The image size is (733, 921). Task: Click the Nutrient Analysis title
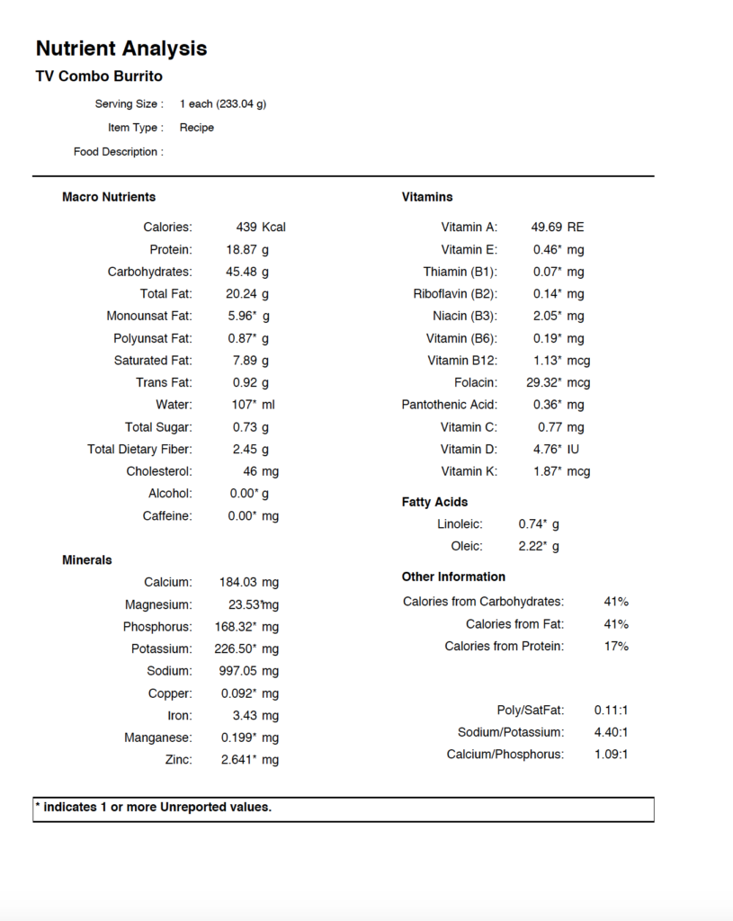point(121,49)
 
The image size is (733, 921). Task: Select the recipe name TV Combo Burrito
point(99,76)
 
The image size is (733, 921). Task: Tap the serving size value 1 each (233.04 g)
point(223,103)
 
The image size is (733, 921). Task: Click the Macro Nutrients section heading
point(109,197)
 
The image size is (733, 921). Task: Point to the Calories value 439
point(247,228)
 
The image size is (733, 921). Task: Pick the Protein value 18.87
point(242,249)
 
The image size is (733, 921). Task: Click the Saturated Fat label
point(153,361)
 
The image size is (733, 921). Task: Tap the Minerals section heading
point(87,560)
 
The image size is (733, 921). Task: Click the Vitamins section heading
point(427,197)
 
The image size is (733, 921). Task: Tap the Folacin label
point(476,383)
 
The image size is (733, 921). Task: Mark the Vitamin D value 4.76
point(547,449)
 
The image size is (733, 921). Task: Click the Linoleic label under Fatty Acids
point(460,524)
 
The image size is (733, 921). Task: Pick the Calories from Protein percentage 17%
point(616,647)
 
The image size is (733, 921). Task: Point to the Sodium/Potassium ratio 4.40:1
point(612,732)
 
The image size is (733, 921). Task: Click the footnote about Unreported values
point(153,808)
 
